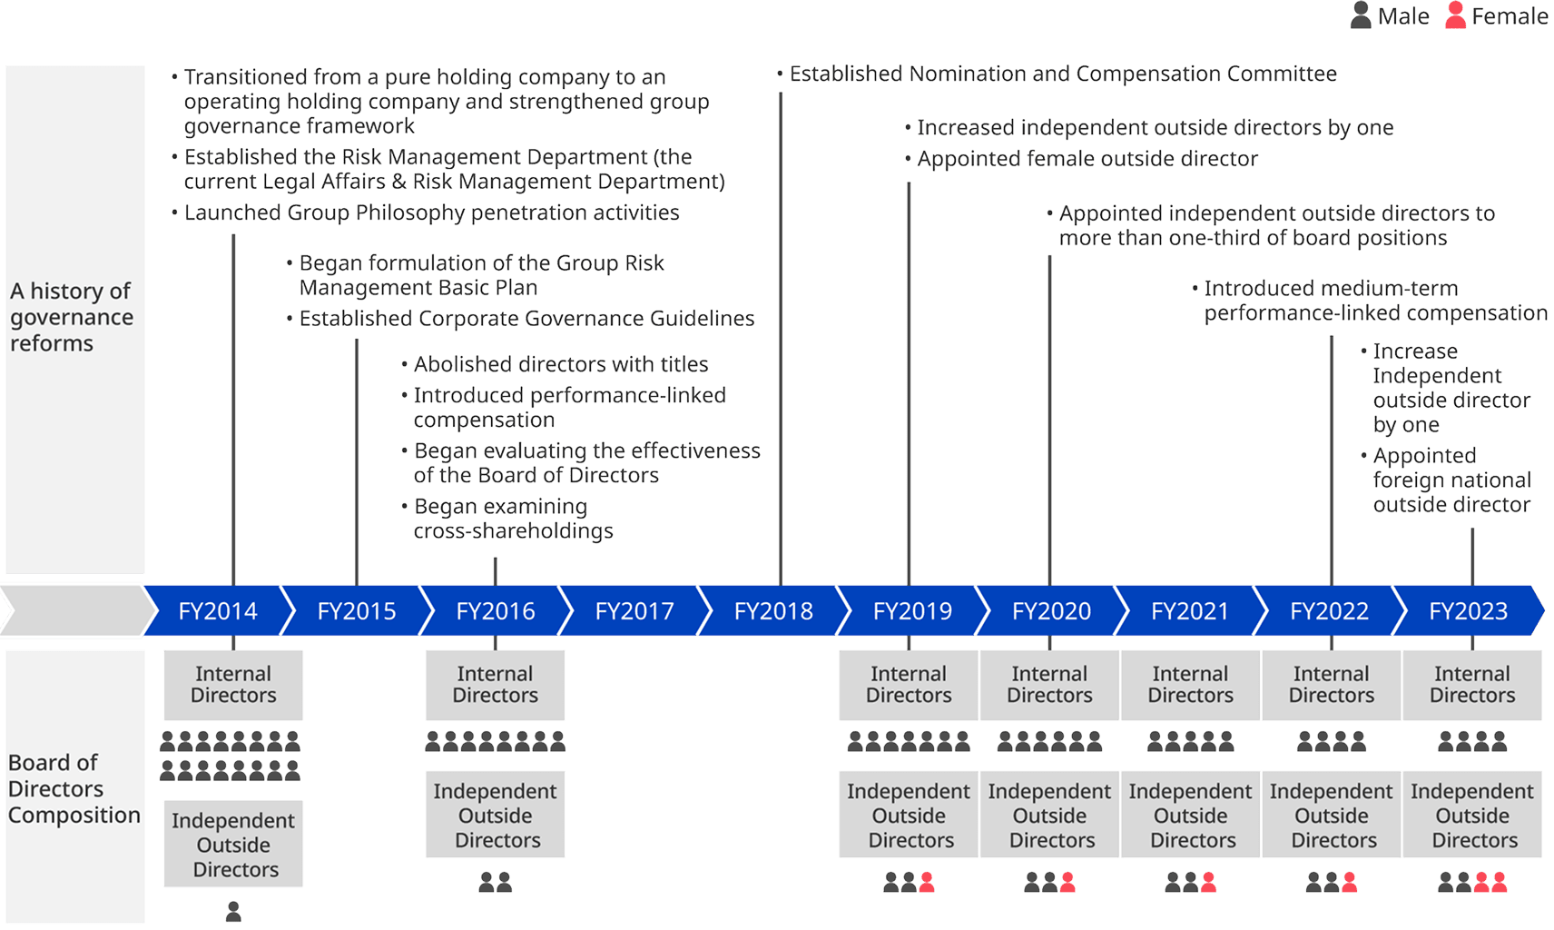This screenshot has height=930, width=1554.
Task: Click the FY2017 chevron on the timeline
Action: coord(634,611)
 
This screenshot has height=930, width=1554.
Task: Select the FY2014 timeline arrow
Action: coord(218,611)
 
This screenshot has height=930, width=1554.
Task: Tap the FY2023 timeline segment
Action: coord(1468,611)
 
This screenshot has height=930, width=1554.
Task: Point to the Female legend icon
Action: coord(1455,15)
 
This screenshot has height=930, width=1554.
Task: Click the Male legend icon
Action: coord(1360,15)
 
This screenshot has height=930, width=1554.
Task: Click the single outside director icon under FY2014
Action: coord(233,910)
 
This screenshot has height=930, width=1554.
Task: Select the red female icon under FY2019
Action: coord(926,881)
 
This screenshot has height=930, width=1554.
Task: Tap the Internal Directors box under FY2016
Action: coord(495,685)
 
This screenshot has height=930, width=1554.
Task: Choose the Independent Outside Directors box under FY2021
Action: coord(1190,815)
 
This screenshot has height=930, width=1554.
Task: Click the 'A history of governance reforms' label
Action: coord(72,317)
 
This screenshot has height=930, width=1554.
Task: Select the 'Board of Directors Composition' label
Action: coord(74,788)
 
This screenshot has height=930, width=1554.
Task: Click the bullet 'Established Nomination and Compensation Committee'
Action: coord(1062,74)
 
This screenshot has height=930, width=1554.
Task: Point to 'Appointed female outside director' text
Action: coord(1087,159)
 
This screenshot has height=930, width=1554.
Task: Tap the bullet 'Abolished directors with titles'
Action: coord(560,364)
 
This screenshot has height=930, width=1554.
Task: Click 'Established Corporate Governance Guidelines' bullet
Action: coord(526,319)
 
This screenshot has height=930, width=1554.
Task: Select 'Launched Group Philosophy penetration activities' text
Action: coord(431,213)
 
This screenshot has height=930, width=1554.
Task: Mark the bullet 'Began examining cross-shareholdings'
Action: coord(513,519)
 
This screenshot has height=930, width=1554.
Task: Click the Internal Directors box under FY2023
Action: coord(1471,685)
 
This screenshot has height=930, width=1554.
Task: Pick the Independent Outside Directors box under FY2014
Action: coord(233,844)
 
